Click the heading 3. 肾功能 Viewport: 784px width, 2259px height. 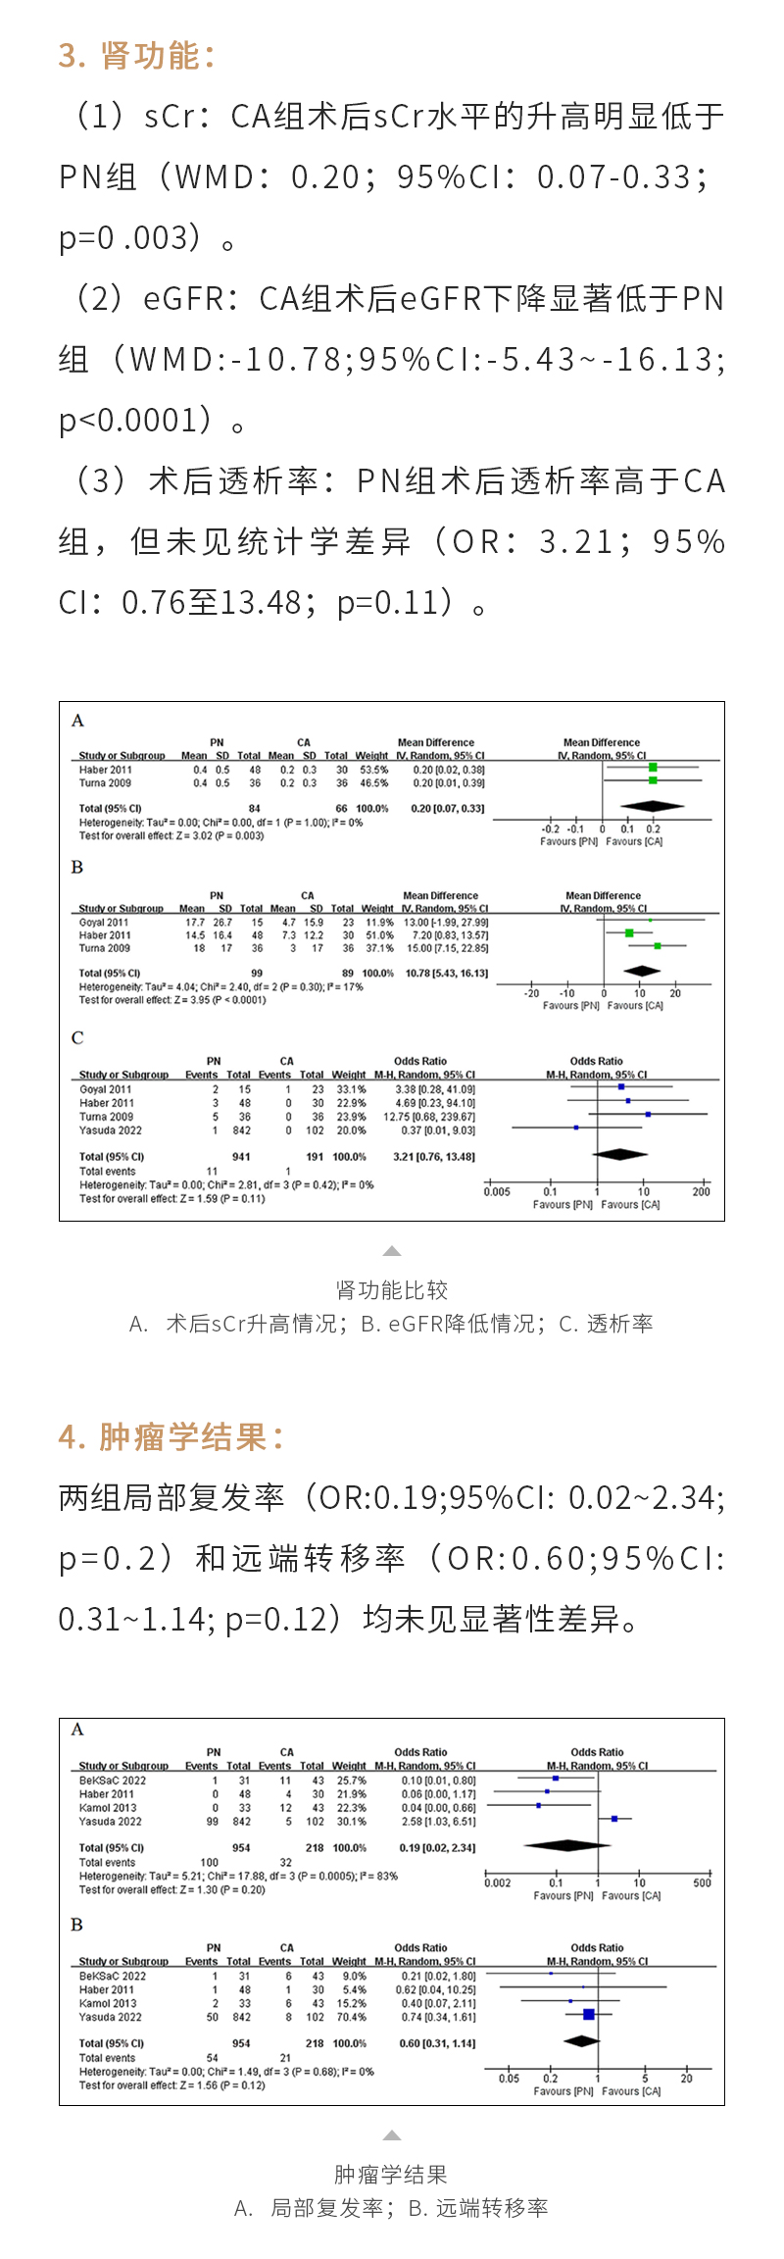pos(136,56)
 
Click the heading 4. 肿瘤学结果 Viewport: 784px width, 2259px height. pos(171,1437)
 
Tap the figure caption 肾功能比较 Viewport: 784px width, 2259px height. pos(391,1290)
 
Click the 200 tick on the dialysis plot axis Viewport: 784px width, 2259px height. pos(701,1192)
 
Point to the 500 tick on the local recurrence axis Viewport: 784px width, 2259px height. pos(702,1882)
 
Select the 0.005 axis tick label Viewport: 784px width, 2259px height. pos(497,1192)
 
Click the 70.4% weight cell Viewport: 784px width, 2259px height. pos(350,2017)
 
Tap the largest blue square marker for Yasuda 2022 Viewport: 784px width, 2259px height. pos(588,2014)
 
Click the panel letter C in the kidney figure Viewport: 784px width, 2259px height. pos(77,1038)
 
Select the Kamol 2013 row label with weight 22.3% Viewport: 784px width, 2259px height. pos(108,1807)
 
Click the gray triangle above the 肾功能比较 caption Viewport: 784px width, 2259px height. pos(392,1251)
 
